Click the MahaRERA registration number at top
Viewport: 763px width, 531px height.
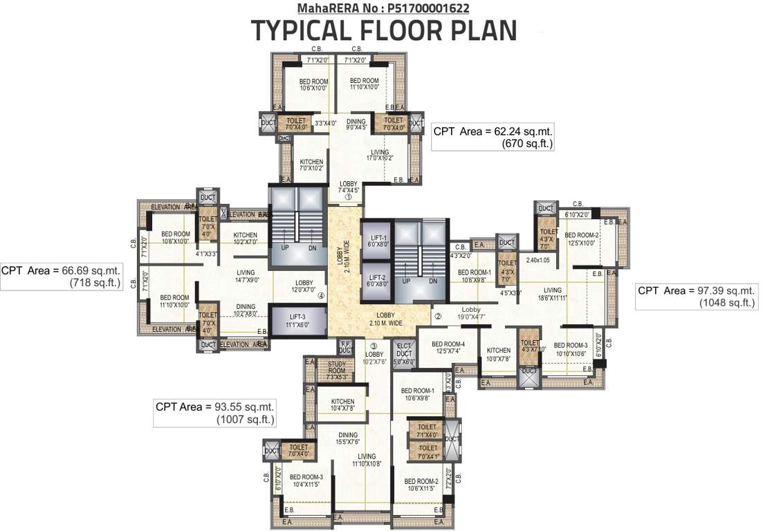(x=383, y=8)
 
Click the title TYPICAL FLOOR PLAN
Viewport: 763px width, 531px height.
(x=383, y=31)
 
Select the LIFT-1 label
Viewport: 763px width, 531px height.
(x=378, y=241)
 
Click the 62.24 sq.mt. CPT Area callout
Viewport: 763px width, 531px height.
(x=493, y=137)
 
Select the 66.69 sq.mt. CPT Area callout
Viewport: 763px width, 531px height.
(x=62, y=277)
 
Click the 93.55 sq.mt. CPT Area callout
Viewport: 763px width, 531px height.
(x=215, y=413)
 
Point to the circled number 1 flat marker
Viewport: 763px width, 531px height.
(x=349, y=196)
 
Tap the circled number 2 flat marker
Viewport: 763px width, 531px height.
(x=438, y=317)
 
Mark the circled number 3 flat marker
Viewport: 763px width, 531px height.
(x=373, y=346)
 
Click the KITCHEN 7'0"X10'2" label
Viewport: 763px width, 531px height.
(x=311, y=165)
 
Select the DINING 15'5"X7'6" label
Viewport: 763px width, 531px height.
(x=349, y=438)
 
